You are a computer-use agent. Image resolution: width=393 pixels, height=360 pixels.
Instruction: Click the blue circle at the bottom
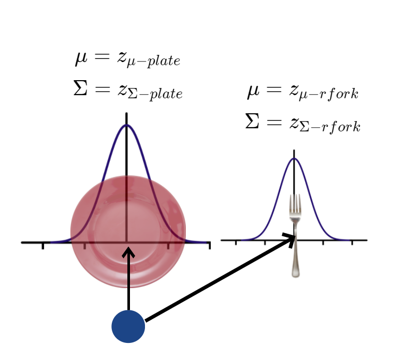click(x=128, y=326)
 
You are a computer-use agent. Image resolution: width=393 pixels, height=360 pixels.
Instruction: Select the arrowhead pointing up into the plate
click(x=128, y=252)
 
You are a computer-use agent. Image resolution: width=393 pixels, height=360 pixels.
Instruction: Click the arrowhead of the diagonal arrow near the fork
click(x=290, y=238)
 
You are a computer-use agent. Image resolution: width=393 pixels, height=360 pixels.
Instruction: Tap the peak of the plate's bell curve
click(x=126, y=125)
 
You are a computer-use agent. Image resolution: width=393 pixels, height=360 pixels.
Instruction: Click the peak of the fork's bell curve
click(x=294, y=158)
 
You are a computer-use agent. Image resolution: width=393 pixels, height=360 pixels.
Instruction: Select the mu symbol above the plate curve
click(x=81, y=58)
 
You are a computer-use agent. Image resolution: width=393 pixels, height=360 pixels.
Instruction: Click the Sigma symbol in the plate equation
click(x=81, y=88)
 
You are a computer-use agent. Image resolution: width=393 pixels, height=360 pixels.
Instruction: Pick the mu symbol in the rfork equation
click(x=253, y=92)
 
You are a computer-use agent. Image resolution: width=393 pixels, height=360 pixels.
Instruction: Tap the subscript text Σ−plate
click(x=155, y=95)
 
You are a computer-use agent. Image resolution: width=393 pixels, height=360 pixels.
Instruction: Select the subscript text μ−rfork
click(x=330, y=96)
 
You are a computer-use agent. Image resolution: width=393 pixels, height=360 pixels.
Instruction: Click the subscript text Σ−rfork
click(x=331, y=127)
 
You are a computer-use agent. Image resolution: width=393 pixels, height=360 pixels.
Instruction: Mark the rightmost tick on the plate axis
click(x=209, y=245)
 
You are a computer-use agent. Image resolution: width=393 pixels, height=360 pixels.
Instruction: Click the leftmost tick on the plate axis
click(x=43, y=245)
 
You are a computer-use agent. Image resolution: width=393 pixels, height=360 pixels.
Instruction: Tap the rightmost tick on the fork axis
click(x=352, y=242)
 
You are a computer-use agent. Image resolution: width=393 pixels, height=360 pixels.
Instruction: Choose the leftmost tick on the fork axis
click(x=236, y=242)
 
